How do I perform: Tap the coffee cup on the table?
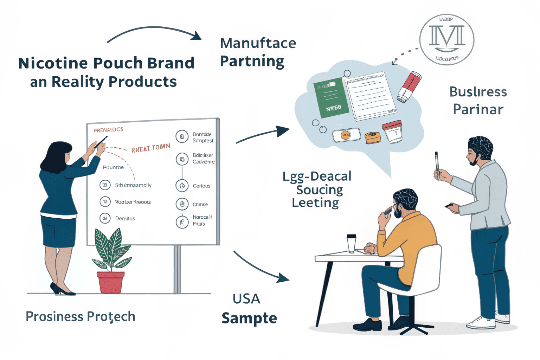(351, 243)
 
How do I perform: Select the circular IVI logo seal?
(446, 40)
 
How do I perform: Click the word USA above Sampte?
(246, 299)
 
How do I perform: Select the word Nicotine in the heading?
(53, 63)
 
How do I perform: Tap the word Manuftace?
(258, 43)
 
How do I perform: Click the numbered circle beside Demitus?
(105, 218)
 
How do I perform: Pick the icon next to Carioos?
(182, 186)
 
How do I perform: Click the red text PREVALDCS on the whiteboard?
(108, 130)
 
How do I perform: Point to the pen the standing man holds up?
(437, 165)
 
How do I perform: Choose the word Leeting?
(315, 203)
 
